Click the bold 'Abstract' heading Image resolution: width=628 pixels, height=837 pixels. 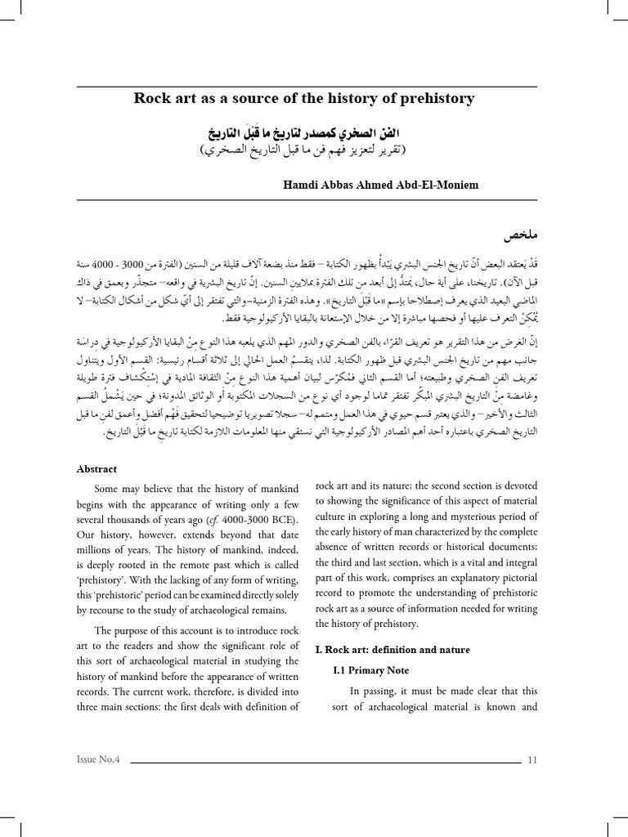(x=97, y=469)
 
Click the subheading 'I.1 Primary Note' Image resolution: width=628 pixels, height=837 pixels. (x=371, y=669)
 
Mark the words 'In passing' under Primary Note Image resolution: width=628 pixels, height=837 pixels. (x=373, y=689)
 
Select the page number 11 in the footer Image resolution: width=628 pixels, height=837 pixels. (x=532, y=760)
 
